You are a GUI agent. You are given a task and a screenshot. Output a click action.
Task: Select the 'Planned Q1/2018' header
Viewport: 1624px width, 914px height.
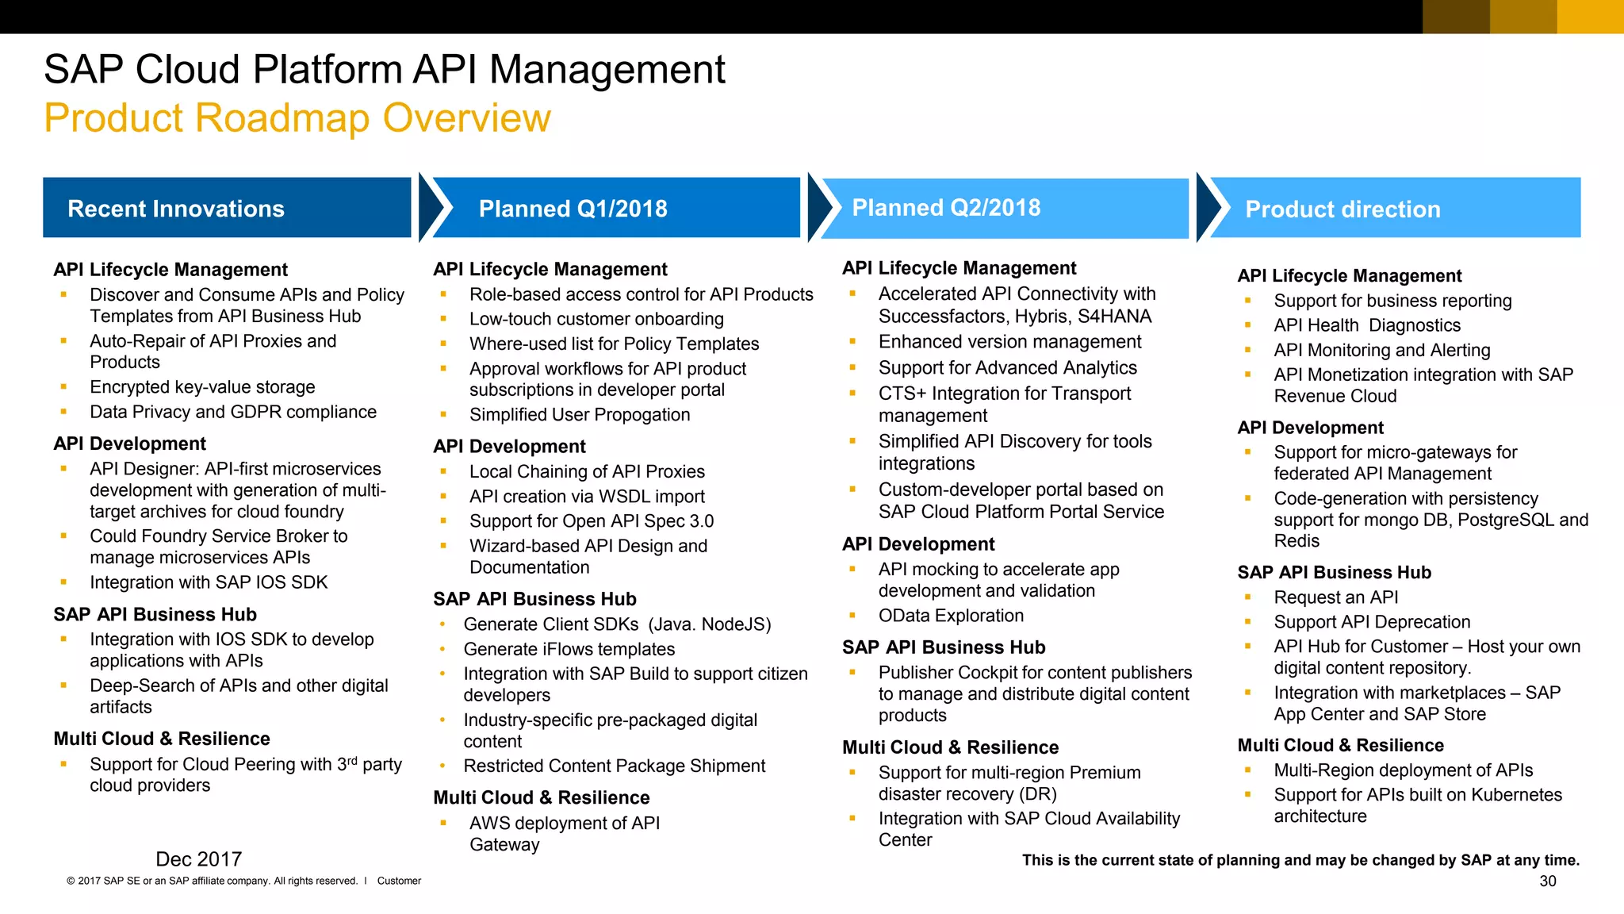[573, 209]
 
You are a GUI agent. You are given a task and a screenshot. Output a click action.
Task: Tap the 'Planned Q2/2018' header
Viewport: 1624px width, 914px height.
[946, 208]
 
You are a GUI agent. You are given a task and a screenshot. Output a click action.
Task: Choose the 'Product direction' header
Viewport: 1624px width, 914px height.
[1342, 209]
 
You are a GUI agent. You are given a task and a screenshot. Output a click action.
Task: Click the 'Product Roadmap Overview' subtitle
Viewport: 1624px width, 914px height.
[297, 118]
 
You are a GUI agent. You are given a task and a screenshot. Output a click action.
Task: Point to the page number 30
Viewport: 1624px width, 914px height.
[1547, 881]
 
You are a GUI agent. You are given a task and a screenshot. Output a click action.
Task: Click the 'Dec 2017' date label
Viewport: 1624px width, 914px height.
[198, 859]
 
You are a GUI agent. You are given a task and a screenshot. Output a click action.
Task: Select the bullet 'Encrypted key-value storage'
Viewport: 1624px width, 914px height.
[202, 387]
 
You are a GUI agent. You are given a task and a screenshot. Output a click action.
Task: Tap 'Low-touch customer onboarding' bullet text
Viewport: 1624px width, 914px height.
[596, 319]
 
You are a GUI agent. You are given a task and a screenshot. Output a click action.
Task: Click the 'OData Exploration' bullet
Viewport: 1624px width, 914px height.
[951, 616]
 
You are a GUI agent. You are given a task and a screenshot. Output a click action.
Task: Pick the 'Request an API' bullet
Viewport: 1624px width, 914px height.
[1335, 597]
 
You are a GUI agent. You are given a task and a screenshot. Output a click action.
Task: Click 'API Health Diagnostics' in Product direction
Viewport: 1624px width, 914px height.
[1366, 325]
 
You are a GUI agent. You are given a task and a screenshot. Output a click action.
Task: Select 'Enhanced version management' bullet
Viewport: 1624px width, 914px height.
[1009, 342]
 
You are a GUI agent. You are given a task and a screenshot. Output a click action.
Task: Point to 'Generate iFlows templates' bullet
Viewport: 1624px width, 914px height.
[569, 649]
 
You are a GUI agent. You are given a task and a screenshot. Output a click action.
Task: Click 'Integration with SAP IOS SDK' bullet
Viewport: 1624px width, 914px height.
[209, 582]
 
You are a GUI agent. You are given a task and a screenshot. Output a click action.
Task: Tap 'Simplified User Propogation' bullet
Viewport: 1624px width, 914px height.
[579, 415]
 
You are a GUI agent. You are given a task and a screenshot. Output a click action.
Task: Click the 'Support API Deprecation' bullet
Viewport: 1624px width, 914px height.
[1372, 622]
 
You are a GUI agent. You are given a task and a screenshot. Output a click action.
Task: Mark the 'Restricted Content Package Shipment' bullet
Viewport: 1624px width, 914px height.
[614, 766]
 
